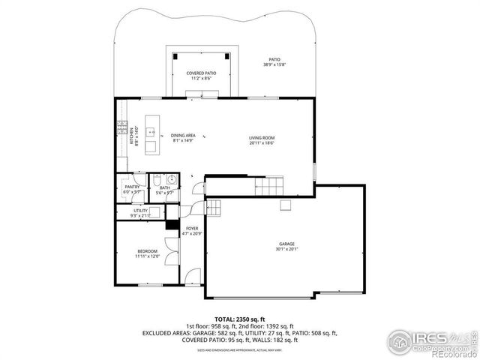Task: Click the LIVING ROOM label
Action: click(x=262, y=139)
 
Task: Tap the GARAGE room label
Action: click(x=286, y=246)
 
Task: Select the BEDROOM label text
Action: click(x=147, y=253)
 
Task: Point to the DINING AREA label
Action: click(x=183, y=137)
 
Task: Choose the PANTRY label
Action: click(x=132, y=190)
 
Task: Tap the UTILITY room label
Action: click(x=141, y=213)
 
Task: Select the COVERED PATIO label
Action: click(x=202, y=75)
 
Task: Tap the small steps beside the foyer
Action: click(x=214, y=208)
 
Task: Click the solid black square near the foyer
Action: click(x=171, y=223)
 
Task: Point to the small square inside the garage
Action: click(x=286, y=205)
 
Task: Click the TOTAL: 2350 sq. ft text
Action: click(x=239, y=318)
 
